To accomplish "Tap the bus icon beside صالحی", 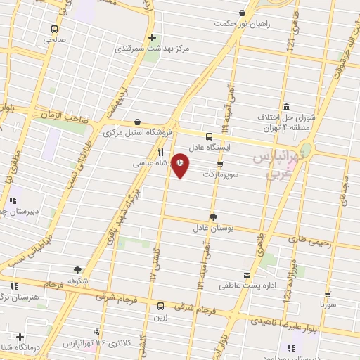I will tap(54, 30).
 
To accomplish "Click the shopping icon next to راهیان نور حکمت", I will tap(243, 13).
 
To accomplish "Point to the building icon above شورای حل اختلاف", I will tap(286, 105).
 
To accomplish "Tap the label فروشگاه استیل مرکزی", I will tap(138, 132).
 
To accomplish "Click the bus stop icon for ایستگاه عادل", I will tap(209, 136).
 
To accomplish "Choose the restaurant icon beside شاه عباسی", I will tap(161, 152).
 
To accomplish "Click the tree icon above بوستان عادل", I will tap(214, 217).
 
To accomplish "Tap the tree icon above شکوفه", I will tap(77, 269).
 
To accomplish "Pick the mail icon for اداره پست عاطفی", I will tap(247, 275).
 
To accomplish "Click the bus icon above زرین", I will tap(161, 306).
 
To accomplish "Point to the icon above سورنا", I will tap(328, 295).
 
